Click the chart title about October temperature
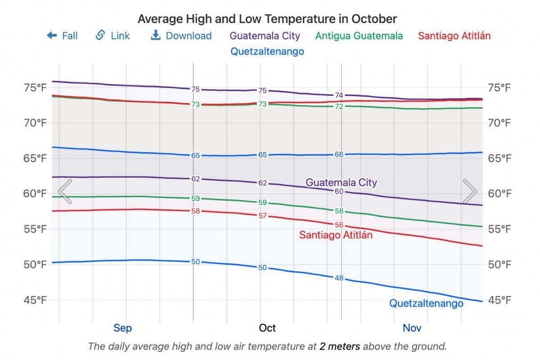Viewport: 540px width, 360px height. click(267, 19)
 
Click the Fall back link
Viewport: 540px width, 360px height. click(62, 36)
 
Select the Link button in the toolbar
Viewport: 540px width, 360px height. click(113, 36)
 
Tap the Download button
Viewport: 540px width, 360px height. click(181, 36)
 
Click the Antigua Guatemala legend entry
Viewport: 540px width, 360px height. click(359, 36)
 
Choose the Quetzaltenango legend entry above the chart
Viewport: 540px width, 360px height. click(267, 51)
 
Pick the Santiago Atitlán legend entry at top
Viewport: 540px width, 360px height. click(454, 36)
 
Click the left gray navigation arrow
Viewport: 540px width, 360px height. click(65, 191)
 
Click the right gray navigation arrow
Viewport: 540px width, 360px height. click(470, 191)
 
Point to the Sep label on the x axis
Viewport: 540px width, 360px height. click(122, 328)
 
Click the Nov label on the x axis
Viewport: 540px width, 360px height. click(412, 328)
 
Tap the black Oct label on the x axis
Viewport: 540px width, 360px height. click(267, 328)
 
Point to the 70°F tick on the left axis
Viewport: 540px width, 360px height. click(35, 122)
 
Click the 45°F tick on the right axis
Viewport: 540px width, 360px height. click(500, 300)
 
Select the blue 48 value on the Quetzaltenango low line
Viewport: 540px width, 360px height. click(339, 278)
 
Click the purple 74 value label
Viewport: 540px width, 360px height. click(339, 95)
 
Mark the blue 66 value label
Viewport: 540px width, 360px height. click(339, 154)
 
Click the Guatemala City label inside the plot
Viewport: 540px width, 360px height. click(341, 182)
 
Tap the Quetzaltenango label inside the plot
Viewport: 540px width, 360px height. click(426, 303)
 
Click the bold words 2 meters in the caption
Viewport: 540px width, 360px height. click(340, 346)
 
